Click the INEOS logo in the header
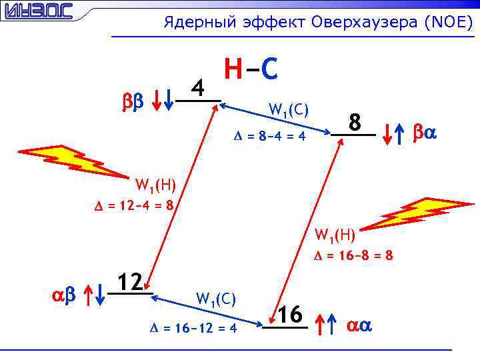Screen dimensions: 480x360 (x=37, y=11)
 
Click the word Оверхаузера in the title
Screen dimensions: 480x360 (x=364, y=23)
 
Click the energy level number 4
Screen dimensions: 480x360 (x=197, y=87)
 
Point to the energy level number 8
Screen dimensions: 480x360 (x=356, y=123)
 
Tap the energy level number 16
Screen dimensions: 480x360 (x=290, y=314)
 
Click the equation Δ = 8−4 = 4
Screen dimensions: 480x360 (x=269, y=136)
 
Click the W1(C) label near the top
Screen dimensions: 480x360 (x=288, y=109)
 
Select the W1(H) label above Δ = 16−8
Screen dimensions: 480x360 (x=335, y=234)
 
